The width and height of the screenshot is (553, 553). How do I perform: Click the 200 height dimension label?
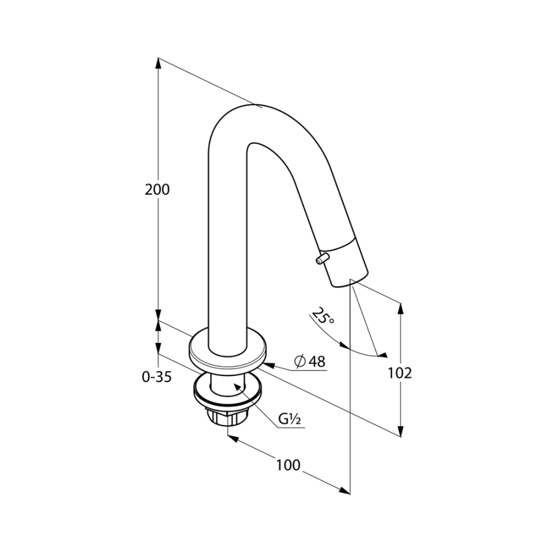[x=157, y=190]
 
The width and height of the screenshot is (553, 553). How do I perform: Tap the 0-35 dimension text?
[x=157, y=377]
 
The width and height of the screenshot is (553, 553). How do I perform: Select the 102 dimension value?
[x=400, y=373]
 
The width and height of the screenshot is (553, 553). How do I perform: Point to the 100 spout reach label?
[x=288, y=465]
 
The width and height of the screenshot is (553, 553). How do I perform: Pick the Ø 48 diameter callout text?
[x=310, y=361]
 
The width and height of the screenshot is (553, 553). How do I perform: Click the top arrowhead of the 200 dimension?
[x=159, y=64]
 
